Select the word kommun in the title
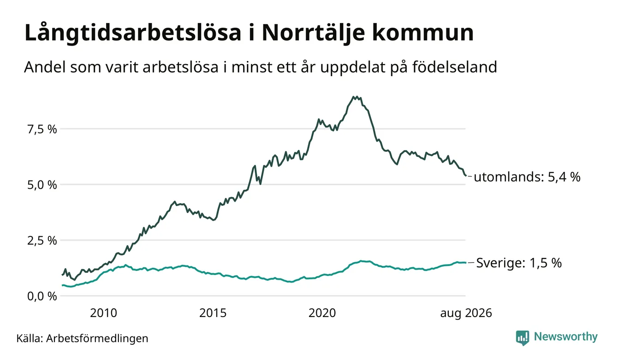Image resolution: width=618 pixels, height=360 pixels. click(x=422, y=33)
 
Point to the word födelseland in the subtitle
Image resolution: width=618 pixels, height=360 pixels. click(x=455, y=67)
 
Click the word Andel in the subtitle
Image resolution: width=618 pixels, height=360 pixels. click(x=45, y=67)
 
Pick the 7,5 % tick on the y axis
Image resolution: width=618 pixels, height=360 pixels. click(x=42, y=129)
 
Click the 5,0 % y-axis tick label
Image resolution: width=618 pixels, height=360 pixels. click(x=42, y=185)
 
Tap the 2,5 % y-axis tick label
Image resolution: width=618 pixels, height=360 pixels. click(x=42, y=241)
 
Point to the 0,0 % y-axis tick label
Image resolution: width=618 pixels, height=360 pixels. click(x=42, y=296)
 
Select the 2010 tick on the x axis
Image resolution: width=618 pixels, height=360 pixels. click(x=103, y=313)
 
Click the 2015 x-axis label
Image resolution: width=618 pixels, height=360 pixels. click(x=213, y=313)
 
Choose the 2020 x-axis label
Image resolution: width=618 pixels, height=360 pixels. click(x=322, y=313)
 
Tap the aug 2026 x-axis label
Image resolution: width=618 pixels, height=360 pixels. click(x=466, y=313)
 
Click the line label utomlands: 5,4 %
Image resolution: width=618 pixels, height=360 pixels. click(x=527, y=177)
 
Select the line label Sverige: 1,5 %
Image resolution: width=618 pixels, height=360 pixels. click(x=519, y=263)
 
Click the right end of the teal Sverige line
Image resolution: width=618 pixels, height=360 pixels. click(x=466, y=263)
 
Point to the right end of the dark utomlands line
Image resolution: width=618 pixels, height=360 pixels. click(x=466, y=175)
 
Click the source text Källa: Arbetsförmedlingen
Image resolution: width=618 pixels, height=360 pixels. click(x=82, y=338)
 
